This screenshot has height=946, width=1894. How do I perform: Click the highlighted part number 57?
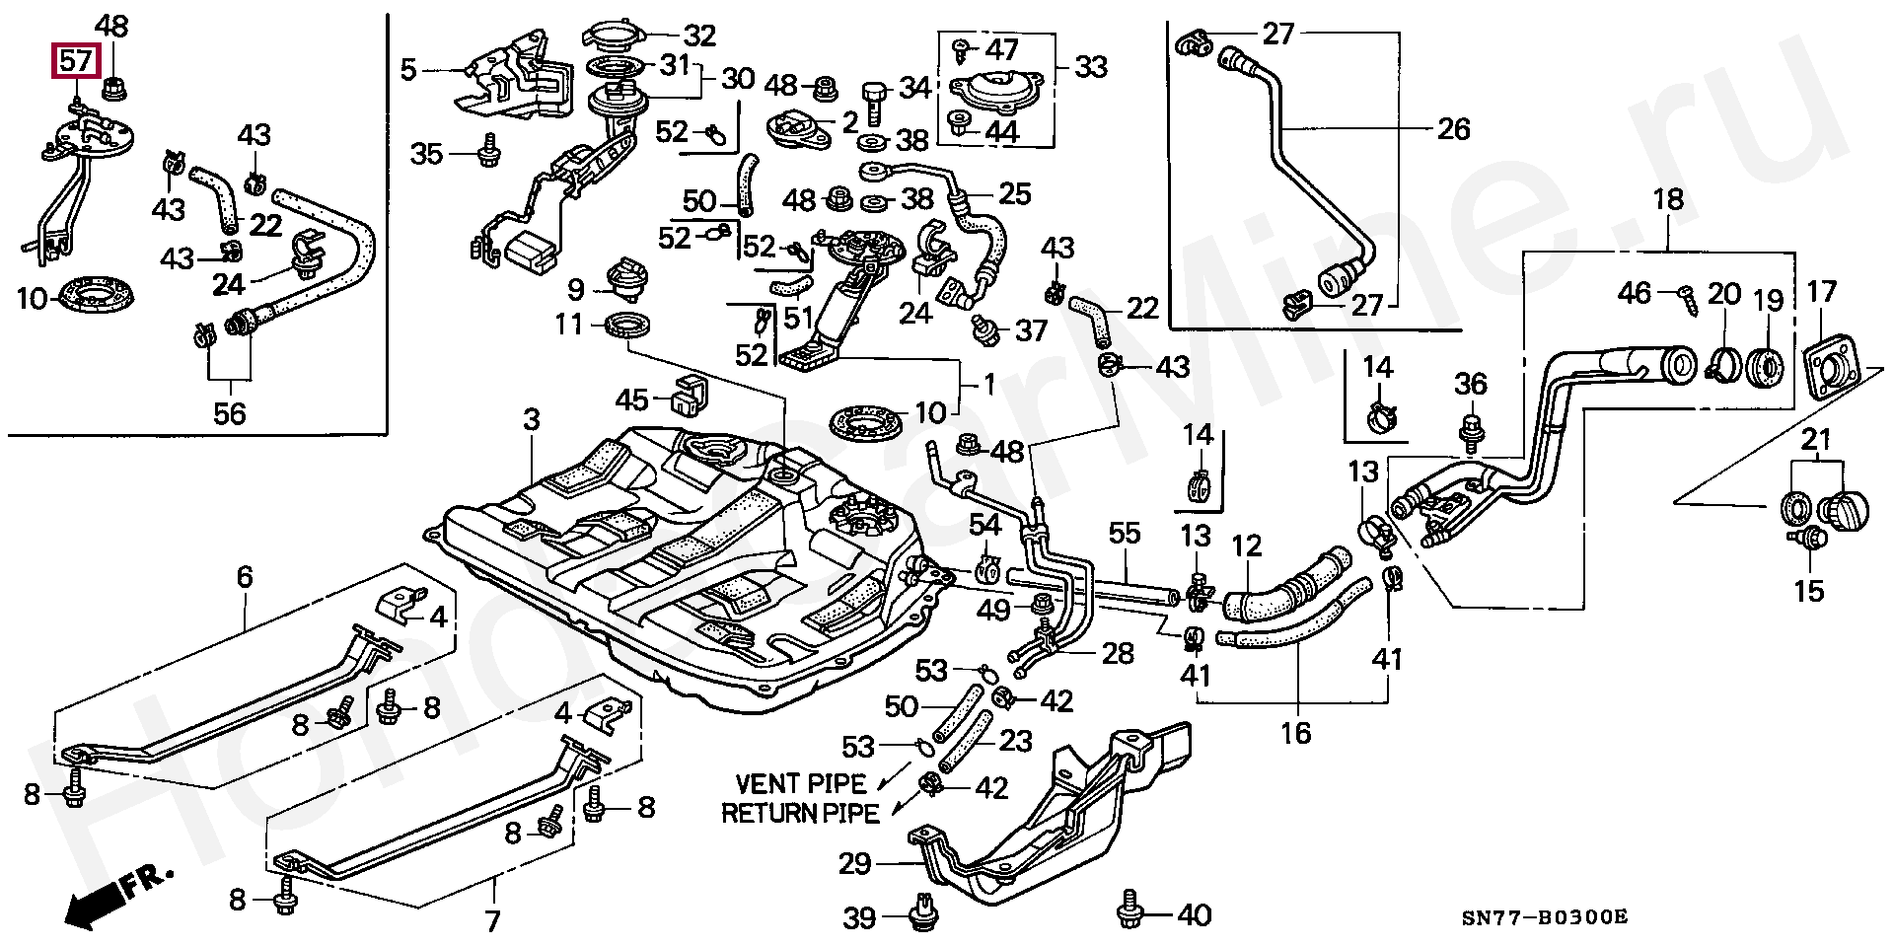pos(76,62)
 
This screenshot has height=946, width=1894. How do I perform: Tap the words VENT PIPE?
pos(801,784)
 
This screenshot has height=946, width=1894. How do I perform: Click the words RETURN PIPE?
pos(800,813)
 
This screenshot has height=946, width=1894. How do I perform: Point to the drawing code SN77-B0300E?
pos(1545,916)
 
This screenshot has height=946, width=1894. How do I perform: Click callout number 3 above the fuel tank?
pos(532,420)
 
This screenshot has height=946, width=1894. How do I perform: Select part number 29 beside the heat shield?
pos(854,864)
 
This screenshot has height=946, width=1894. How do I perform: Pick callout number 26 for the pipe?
pos(1453,129)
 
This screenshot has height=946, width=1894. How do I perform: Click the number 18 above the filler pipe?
pos(1668,200)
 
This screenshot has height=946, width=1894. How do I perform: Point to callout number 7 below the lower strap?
pos(492,921)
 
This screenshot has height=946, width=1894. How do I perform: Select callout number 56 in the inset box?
pos(229,412)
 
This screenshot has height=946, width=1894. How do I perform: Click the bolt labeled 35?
pos(487,153)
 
